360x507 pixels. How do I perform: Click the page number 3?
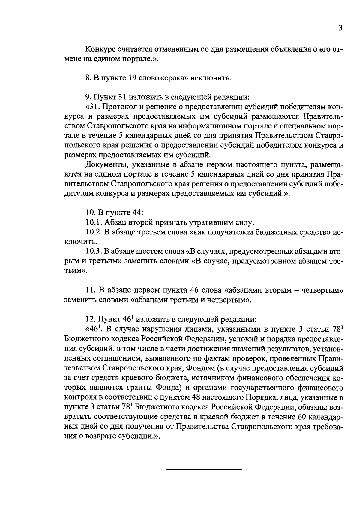tap(340, 28)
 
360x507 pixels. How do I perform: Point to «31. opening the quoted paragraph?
tap(93, 107)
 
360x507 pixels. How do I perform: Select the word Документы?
tap(103, 164)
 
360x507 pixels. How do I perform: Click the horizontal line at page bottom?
tap(204, 469)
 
